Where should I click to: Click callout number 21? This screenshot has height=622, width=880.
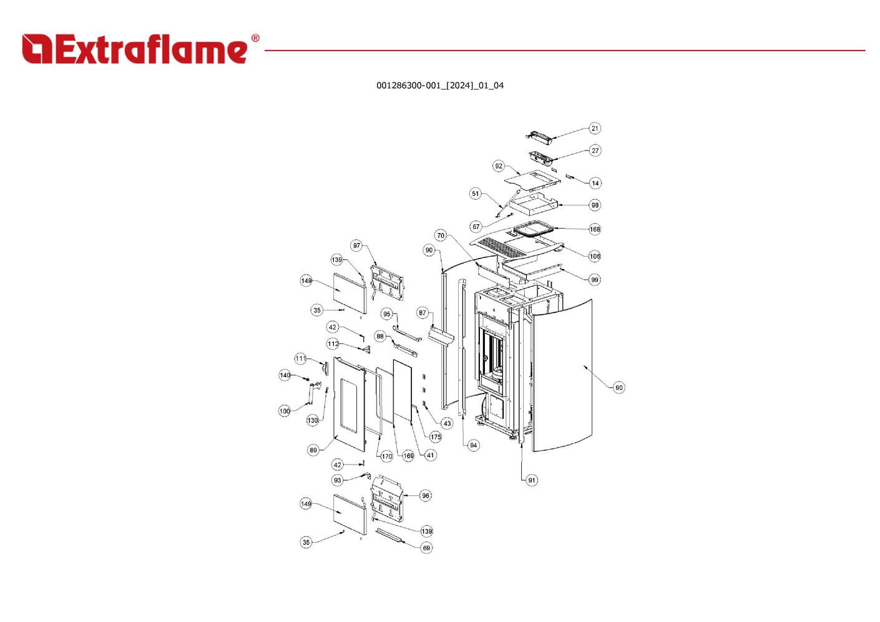coord(594,128)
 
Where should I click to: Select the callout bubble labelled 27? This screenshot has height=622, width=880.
coord(595,151)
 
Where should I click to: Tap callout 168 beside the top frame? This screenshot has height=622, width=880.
coord(594,229)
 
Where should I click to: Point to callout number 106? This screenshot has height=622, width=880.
coord(594,256)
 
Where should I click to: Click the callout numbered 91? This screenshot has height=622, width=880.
coord(531,480)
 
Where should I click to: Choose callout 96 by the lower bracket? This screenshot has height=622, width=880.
coord(426,496)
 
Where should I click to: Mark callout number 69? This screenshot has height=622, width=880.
coord(426,548)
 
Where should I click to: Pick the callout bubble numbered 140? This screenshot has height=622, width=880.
coord(285,375)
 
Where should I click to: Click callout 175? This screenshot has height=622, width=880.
coord(435,437)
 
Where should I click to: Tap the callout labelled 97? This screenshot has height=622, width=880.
coord(356,245)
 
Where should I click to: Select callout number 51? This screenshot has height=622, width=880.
coord(476,194)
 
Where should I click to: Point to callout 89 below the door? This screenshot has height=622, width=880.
coord(313,450)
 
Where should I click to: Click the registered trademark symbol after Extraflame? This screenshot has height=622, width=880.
coord(255,38)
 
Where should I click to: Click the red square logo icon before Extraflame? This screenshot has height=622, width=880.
coord(37,49)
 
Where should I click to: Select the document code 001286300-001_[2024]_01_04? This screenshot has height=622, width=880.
coord(439,86)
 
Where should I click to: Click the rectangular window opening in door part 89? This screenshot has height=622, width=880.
coord(349,405)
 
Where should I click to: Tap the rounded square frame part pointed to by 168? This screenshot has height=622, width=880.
coord(534,229)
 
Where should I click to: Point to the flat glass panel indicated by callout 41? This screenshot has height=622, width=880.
coord(403,391)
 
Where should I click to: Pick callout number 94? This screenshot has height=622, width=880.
coord(473,445)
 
